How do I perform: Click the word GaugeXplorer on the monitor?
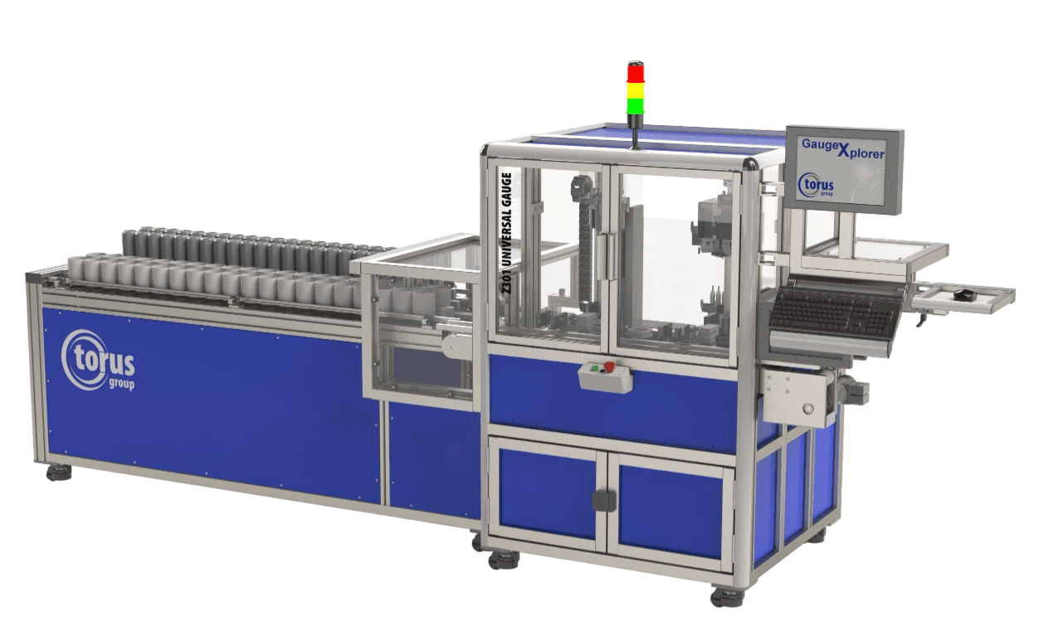pos(842,148)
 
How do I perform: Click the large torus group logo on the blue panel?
pos(98,360)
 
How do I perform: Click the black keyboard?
pos(831,311)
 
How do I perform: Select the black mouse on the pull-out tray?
pos(961,294)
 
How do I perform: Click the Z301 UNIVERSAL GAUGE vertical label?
pos(508,234)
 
